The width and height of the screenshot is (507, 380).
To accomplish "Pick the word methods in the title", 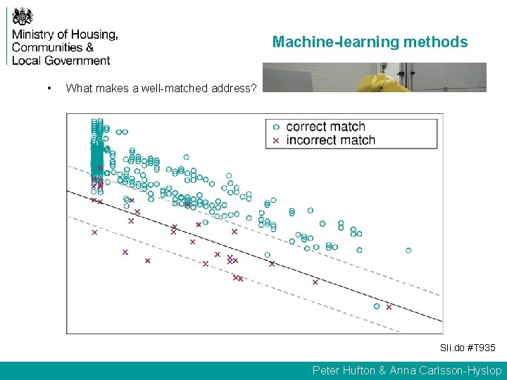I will tap(436, 42).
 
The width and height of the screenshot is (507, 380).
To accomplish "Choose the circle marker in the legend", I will tap(276, 127).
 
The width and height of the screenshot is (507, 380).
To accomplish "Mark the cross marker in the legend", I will tap(276, 141).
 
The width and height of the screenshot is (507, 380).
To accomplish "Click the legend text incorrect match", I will tap(331, 140).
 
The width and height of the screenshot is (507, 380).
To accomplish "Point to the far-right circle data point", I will tap(408, 250).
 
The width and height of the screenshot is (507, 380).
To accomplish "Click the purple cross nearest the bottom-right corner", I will tap(389, 307).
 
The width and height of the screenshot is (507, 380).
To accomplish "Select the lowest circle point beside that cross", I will tap(377, 306).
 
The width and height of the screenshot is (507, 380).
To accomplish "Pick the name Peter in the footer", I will tap(327, 370).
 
